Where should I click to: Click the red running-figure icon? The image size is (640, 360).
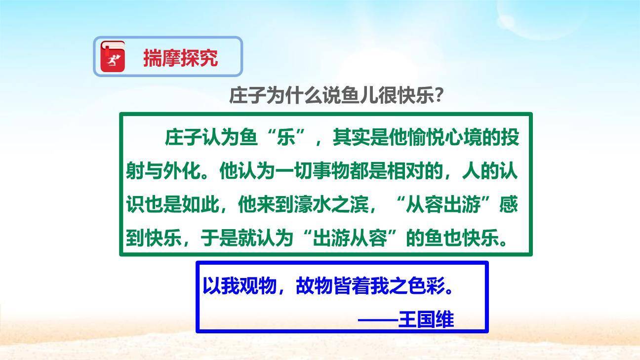[x=113, y=58]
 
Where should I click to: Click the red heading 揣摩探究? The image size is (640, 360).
[x=180, y=58]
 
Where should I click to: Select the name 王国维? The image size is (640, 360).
[x=426, y=320]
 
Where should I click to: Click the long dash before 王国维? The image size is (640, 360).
[x=378, y=320]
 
